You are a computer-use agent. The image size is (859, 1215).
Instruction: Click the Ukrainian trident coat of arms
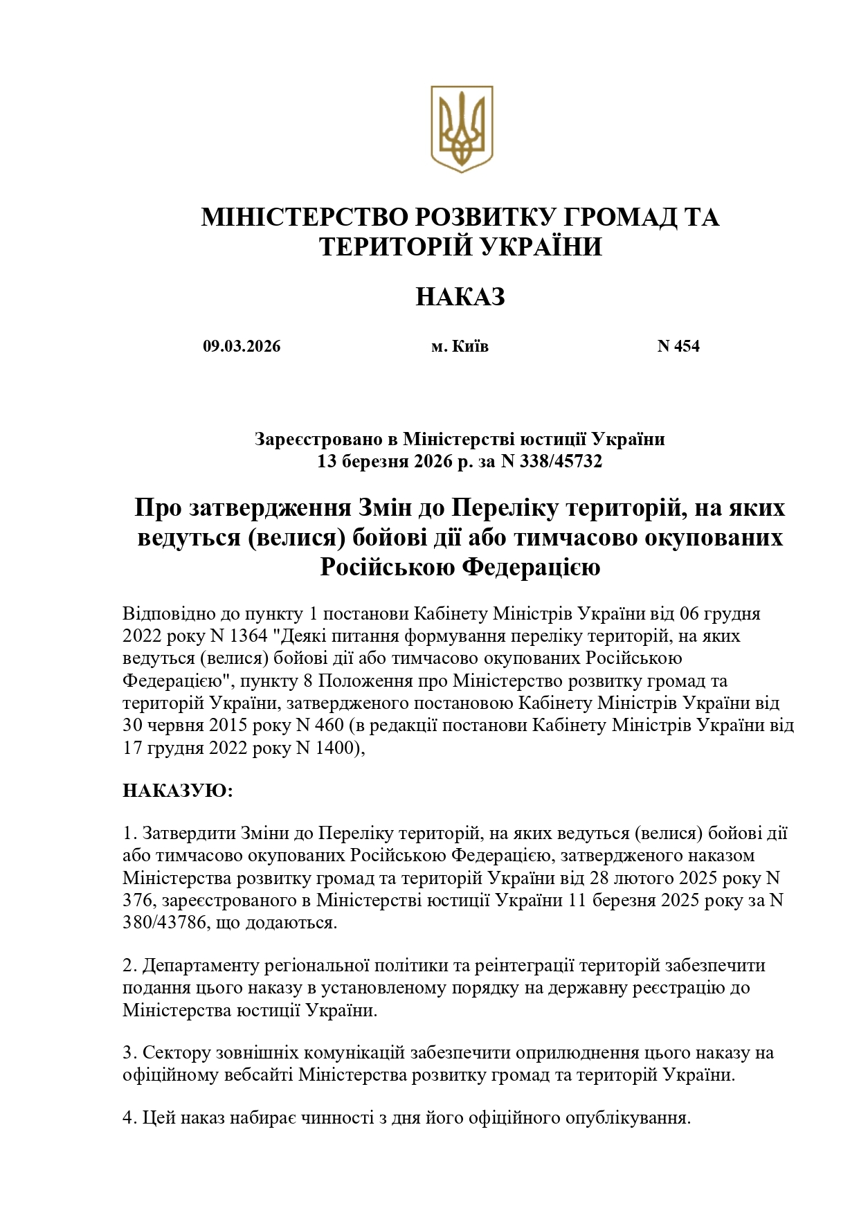coord(461,129)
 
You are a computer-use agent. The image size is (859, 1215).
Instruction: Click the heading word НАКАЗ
coord(460,297)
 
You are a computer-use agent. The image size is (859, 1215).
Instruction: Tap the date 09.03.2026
coord(242,346)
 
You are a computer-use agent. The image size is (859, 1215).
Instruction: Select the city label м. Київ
coord(460,346)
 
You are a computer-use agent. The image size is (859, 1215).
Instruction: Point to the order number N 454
coord(678,346)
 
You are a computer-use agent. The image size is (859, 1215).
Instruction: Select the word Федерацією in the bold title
coord(530,568)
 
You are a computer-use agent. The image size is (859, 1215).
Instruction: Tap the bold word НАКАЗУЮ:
coord(178,791)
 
